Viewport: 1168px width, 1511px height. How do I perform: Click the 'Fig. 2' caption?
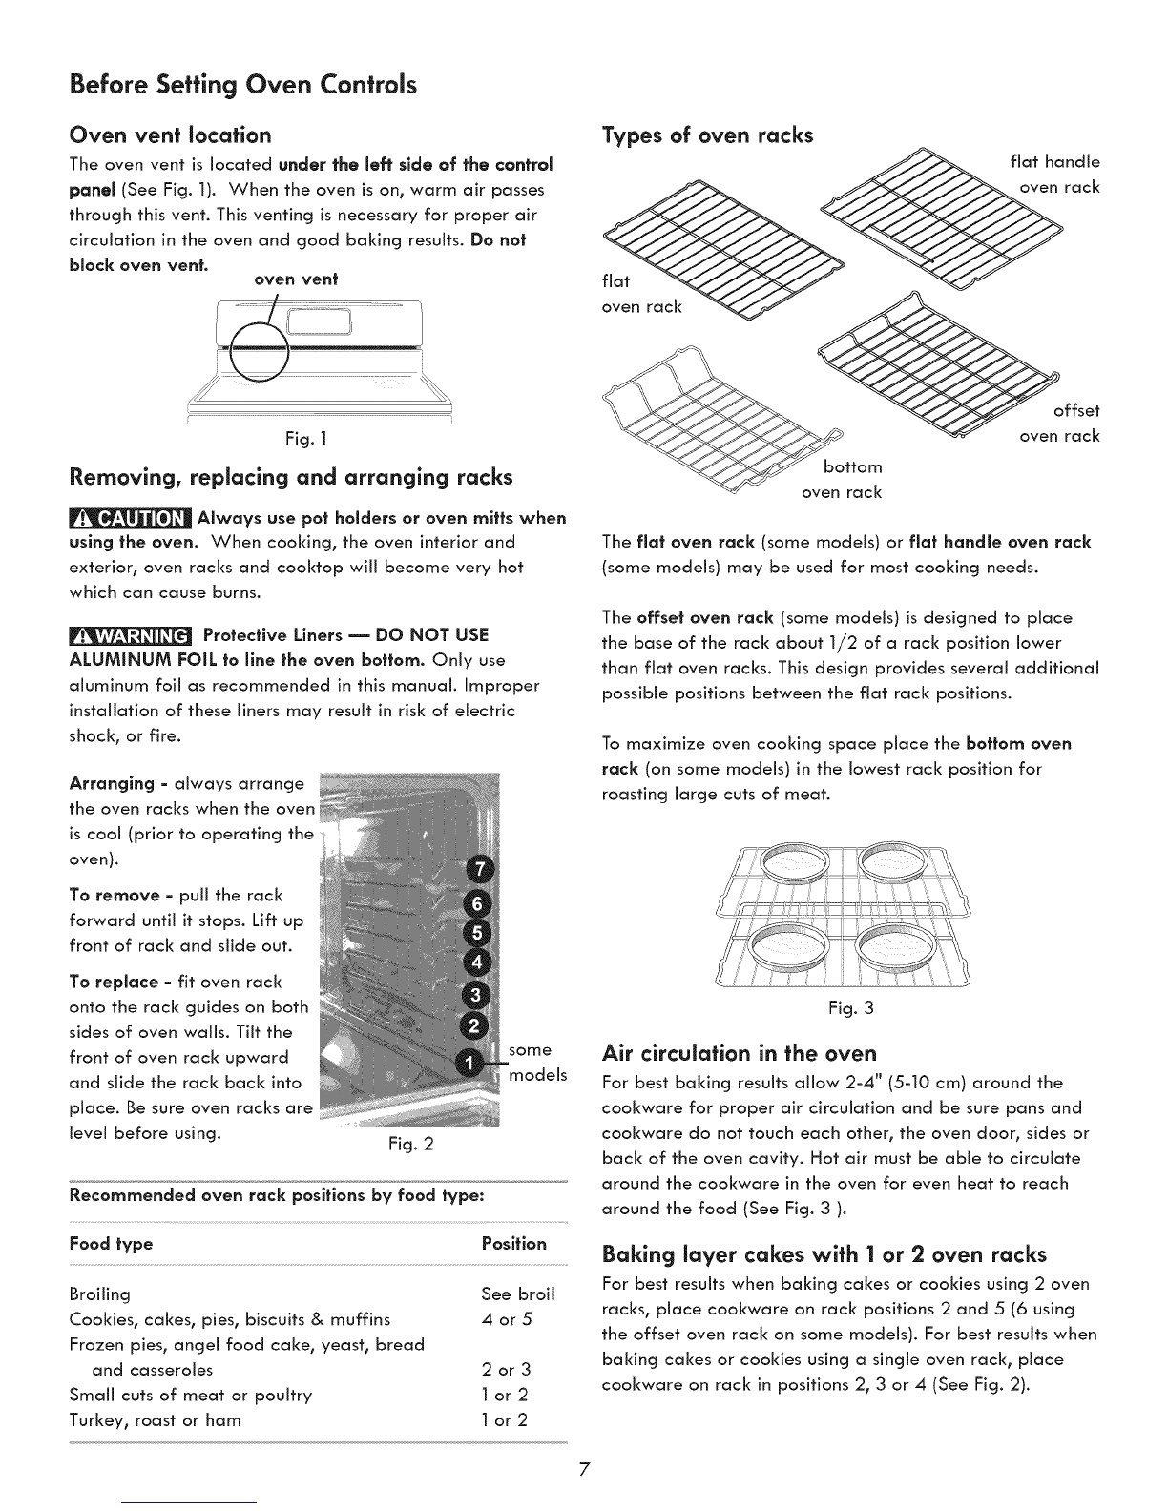(x=414, y=1144)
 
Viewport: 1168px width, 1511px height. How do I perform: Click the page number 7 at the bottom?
(x=584, y=1470)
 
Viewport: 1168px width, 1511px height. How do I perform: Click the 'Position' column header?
(x=514, y=1244)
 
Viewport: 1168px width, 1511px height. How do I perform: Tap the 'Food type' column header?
(x=111, y=1244)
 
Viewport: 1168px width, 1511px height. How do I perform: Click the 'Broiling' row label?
(x=100, y=1294)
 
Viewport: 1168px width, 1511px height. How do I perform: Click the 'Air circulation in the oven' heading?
(x=740, y=1054)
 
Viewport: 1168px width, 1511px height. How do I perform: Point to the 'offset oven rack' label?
(x=1059, y=424)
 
